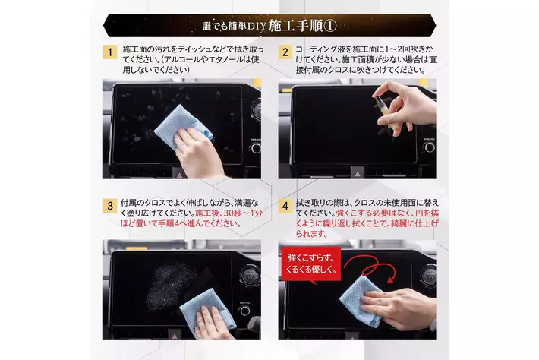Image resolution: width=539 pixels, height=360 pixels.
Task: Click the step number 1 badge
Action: pyautogui.click(x=110, y=52)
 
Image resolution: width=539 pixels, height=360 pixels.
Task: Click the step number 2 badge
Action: pyautogui.click(x=285, y=52)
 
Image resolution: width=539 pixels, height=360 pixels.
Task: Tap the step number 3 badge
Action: pyautogui.click(x=110, y=206)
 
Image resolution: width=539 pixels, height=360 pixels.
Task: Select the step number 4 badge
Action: pyautogui.click(x=285, y=206)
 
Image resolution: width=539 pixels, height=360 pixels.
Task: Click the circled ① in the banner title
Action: pyautogui.click(x=330, y=26)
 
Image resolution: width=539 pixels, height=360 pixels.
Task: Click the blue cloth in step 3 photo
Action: pyautogui.click(x=207, y=311)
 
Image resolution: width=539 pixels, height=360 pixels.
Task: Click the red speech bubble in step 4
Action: pyautogui.click(x=311, y=265)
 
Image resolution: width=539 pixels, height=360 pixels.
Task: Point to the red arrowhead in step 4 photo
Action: pyautogui.click(x=390, y=279)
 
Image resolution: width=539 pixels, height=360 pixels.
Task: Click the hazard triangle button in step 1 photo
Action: pyautogui.click(x=179, y=174)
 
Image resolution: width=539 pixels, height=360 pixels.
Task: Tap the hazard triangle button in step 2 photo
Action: pyautogui.click(x=358, y=174)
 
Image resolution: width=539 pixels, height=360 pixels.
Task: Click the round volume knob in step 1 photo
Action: pyautogui.click(x=256, y=148)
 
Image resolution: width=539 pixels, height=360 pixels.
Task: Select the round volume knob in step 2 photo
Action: pyautogui.click(x=430, y=147)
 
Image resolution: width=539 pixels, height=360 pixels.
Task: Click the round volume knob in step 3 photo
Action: pyautogui.click(x=244, y=311)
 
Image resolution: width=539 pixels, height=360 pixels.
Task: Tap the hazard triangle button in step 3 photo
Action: pyautogui.click(x=175, y=335)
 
